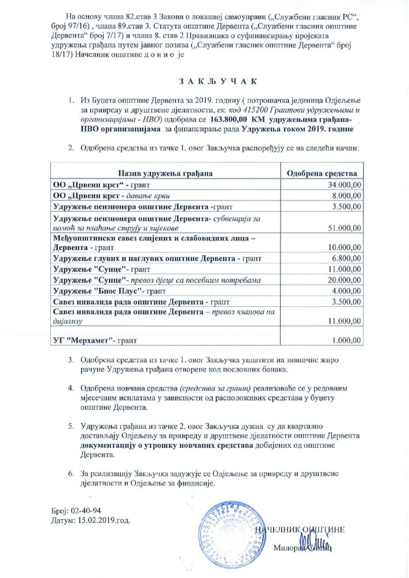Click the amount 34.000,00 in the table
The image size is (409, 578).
pyautogui.click(x=345, y=185)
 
